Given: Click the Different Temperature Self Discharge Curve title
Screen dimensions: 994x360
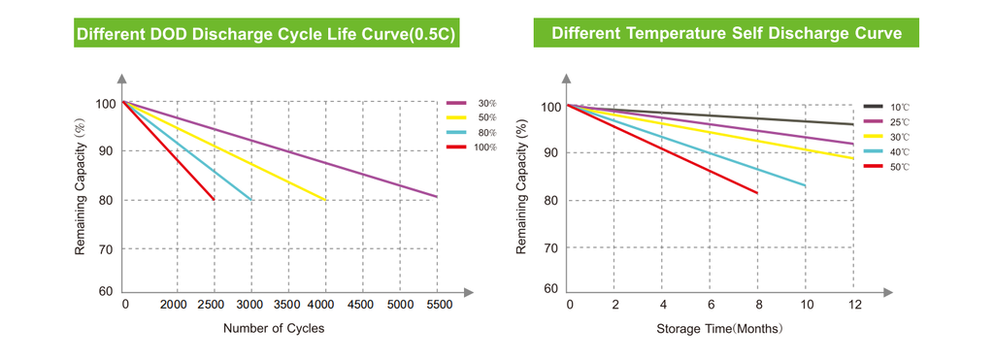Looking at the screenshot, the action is click(x=726, y=34).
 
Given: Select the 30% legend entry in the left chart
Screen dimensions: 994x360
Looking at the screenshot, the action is click(x=473, y=103).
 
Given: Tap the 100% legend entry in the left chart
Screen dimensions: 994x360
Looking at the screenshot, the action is click(x=473, y=147).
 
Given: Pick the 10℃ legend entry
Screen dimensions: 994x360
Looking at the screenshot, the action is click(x=887, y=107).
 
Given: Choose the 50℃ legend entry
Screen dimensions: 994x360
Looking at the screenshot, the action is click(x=887, y=167).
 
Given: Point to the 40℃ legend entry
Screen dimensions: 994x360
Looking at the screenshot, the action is click(x=887, y=152).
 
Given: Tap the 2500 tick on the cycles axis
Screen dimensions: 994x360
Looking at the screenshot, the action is click(x=214, y=305).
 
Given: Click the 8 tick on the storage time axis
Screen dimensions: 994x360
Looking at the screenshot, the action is click(x=758, y=305).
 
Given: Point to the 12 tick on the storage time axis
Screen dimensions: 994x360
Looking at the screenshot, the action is click(x=854, y=305).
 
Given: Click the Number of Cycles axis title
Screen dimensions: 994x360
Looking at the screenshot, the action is click(x=274, y=328).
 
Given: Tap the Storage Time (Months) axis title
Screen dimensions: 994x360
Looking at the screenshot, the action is click(x=720, y=329).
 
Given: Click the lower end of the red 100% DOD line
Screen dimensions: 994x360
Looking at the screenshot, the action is click(x=214, y=200).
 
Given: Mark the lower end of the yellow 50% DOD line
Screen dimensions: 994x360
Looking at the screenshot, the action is click(x=326, y=200).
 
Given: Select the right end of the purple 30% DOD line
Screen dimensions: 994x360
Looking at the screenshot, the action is click(x=437, y=196).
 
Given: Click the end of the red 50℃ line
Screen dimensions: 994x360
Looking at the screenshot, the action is click(x=757, y=193).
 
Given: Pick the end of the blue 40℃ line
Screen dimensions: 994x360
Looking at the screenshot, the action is click(x=806, y=185).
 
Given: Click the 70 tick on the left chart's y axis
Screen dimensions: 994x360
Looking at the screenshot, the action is click(x=105, y=249).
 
